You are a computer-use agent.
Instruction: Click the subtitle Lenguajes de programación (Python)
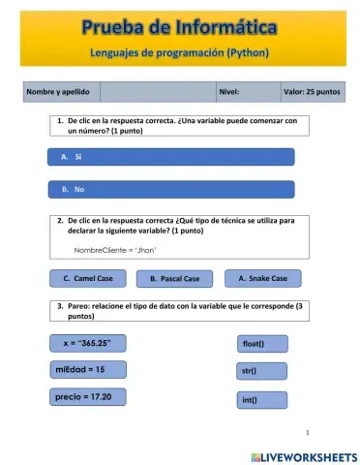coord(179,51)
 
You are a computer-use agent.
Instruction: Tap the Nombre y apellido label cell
coord(60,92)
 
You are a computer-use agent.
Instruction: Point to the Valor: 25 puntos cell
coord(312,92)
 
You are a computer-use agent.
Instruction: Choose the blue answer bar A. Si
coord(170,156)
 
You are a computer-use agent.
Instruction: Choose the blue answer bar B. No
coord(170,189)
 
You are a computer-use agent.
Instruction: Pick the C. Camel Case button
coord(88,278)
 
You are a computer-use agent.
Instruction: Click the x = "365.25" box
coord(88,343)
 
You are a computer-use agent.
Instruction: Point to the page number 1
coord(307,432)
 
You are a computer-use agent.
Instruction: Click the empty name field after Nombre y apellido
coord(157,92)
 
